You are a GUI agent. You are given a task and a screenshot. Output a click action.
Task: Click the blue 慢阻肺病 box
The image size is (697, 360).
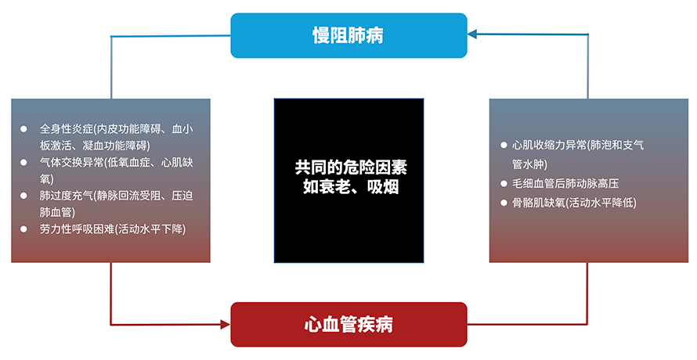click(348, 35)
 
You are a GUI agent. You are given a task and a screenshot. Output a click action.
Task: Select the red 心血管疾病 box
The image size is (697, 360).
click(348, 325)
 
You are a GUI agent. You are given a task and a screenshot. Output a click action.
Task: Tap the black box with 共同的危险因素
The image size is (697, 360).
click(348, 181)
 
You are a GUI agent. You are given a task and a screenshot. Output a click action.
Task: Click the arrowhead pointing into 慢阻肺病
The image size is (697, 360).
click(472, 34)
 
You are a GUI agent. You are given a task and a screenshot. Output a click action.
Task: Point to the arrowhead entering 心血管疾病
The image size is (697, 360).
click(226, 325)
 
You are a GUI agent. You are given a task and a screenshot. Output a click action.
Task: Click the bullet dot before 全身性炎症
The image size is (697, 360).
click(23, 129)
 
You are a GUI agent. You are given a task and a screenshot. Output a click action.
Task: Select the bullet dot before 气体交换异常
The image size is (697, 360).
click(23, 162)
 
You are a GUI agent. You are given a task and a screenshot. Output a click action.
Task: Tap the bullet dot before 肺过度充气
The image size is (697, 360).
click(23, 196)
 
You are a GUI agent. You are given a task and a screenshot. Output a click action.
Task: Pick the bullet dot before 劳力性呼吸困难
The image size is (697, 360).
click(23, 229)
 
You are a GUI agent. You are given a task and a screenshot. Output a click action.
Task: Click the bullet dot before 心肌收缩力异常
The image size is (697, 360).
click(504, 145)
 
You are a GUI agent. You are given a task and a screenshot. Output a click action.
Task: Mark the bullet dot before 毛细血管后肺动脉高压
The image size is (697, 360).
click(504, 183)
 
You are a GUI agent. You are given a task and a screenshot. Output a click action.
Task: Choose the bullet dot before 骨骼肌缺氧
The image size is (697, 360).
click(504, 203)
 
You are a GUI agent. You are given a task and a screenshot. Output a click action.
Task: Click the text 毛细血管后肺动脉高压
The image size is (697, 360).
click(565, 183)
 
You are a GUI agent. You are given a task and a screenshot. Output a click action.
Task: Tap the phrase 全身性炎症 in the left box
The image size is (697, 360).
click(67, 129)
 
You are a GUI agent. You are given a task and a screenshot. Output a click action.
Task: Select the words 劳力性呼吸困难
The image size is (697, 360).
click(78, 229)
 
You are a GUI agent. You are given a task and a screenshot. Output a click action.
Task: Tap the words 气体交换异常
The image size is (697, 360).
click(72, 162)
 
